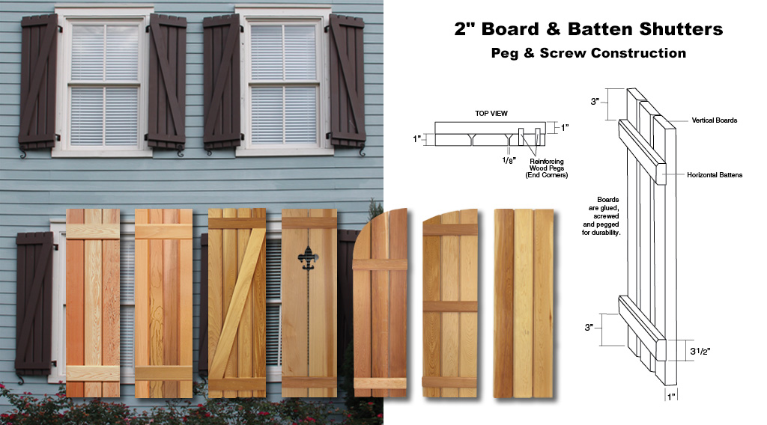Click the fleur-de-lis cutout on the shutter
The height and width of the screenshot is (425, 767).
click(x=308, y=258)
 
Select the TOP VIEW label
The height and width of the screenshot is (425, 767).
click(x=491, y=113)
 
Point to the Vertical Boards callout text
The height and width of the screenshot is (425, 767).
click(x=714, y=120)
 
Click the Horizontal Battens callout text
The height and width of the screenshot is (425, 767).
click(x=714, y=175)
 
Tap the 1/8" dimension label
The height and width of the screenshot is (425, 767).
click(x=509, y=160)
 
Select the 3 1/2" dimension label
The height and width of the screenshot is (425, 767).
click(x=700, y=351)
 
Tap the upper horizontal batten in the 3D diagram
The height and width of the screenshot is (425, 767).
click(x=642, y=152)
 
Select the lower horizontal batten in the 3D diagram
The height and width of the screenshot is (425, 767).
click(x=642, y=328)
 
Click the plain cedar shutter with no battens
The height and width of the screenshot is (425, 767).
click(x=524, y=303)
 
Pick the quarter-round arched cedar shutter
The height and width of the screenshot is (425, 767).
click(x=380, y=303)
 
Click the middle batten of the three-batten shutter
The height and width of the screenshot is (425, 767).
click(x=450, y=307)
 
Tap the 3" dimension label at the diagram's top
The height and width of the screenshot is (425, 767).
click(x=595, y=102)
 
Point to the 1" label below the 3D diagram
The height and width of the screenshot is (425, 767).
click(x=671, y=397)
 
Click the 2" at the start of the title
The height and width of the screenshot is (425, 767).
click(x=464, y=29)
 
